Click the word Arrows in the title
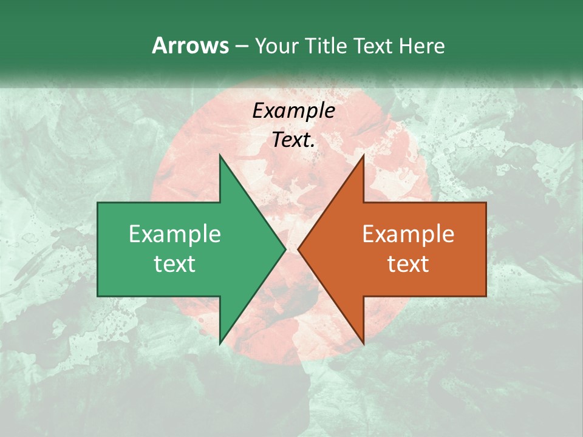tap(189, 46)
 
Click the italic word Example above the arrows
tap(293, 110)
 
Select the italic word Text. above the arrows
tap(293, 140)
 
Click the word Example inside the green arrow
tap(174, 234)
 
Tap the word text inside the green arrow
tap(174, 264)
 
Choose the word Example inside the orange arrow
tap(408, 234)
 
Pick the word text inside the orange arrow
tap(408, 264)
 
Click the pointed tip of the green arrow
tap(285, 249)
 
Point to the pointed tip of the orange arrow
tap(298, 249)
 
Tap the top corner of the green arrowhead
tap(220, 155)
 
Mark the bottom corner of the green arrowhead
tap(220, 344)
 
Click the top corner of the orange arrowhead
tap(364, 155)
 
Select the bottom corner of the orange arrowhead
tap(364, 344)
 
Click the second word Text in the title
tap(373, 46)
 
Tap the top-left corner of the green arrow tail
tap(98, 203)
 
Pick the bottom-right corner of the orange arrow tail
tap(486, 296)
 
